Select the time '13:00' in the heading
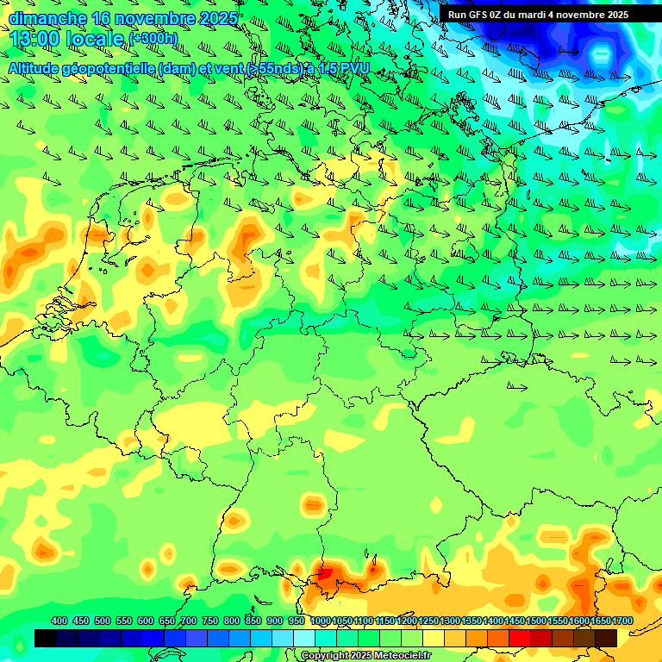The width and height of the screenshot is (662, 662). tap(34, 39)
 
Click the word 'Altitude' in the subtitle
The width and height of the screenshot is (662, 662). tap(35, 67)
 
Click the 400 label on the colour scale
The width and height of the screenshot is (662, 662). tap(59, 621)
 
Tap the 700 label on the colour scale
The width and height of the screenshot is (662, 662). tap(189, 621)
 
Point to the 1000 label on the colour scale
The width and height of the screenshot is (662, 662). tap(321, 621)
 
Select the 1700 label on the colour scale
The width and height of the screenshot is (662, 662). tap(622, 621)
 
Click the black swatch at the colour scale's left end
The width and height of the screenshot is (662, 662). tap(46, 638)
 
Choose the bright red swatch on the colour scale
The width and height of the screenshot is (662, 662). tap(520, 638)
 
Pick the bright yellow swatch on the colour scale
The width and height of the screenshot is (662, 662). tap(434, 638)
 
